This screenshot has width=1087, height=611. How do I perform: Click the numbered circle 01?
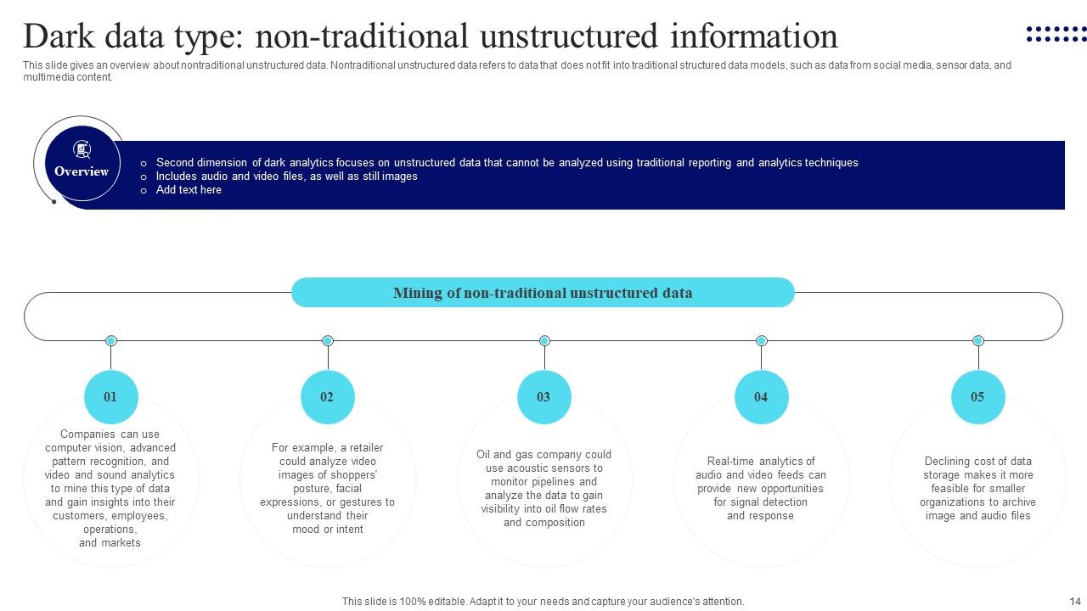click(x=110, y=396)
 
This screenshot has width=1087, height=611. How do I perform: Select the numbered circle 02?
click(x=327, y=396)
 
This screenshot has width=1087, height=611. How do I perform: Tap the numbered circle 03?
click(x=543, y=396)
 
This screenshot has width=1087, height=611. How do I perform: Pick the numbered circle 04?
click(x=761, y=396)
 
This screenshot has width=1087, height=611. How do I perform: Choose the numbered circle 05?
click(x=977, y=396)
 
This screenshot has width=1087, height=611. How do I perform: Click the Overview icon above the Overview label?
click(x=82, y=150)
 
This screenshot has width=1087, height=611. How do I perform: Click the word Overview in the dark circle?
click(x=82, y=171)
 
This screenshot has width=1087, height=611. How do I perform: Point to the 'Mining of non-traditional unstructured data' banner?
click(x=543, y=293)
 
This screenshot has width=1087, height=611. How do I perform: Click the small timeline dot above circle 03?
click(x=544, y=340)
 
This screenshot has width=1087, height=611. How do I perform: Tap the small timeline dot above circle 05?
click(x=978, y=340)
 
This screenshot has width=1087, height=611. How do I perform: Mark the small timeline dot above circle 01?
click(x=110, y=340)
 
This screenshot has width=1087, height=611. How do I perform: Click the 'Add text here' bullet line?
click(x=189, y=190)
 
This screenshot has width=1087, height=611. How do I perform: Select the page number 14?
click(x=1074, y=601)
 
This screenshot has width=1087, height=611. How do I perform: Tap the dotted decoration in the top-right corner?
click(x=1056, y=34)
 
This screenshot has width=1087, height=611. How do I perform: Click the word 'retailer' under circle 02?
click(x=363, y=448)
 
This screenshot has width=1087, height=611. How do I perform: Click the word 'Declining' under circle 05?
click(x=948, y=462)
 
